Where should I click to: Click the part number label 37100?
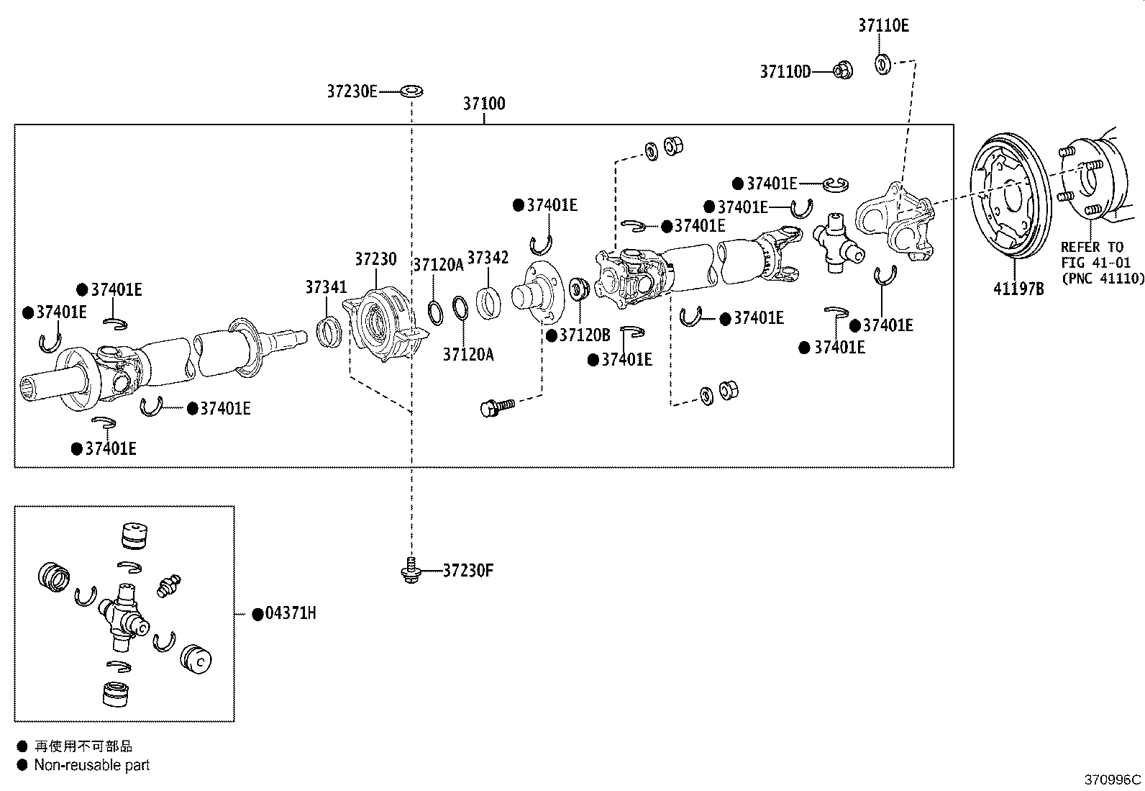tap(483, 104)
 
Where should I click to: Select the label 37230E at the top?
tap(352, 91)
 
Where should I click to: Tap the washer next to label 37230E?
tap(411, 91)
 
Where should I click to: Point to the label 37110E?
tap(883, 26)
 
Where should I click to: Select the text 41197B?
tap(1018, 289)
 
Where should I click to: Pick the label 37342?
tap(488, 258)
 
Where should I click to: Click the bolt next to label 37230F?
tap(411, 571)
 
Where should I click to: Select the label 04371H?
tap(290, 614)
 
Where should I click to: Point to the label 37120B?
tap(584, 335)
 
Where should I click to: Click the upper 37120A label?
tap(438, 265)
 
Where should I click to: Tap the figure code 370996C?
tap(1113, 779)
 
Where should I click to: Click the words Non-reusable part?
tap(92, 766)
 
